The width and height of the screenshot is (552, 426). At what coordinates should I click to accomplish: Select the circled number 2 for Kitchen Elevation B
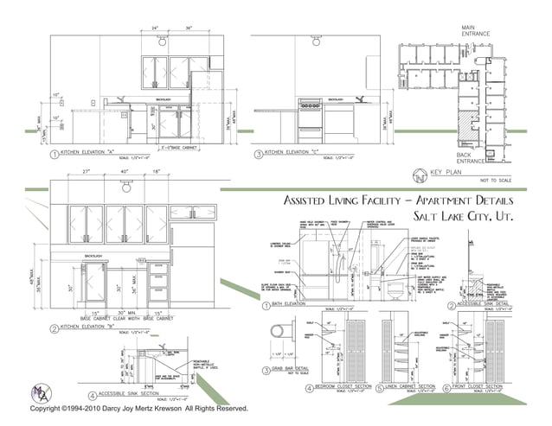(54, 329)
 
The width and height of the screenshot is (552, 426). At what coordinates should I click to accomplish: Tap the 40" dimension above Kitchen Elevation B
(125, 173)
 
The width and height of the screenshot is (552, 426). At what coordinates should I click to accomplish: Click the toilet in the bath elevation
(391, 290)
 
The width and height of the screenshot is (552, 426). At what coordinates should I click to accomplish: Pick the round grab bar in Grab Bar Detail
(278, 331)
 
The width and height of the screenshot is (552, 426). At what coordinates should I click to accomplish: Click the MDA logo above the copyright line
(37, 394)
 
